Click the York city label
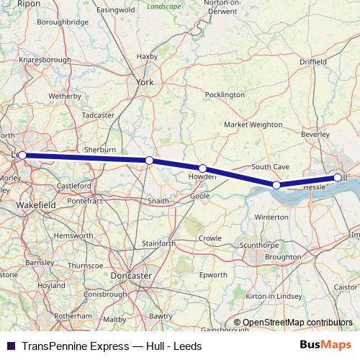145,83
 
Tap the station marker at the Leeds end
22,155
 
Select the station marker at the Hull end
338,177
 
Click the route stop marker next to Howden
202,168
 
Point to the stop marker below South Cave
276,185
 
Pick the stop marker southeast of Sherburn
149,161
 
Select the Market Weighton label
253,125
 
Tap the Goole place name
200,196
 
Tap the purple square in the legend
11,346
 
